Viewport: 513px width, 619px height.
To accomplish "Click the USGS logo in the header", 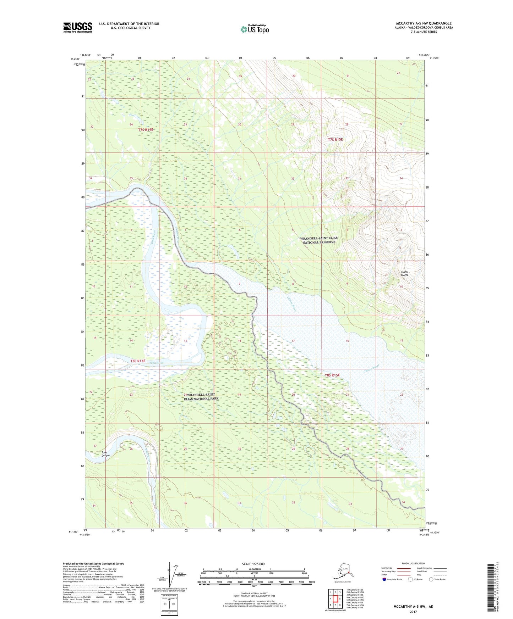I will tap(77, 27).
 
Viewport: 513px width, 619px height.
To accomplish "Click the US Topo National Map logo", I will tap(254, 29).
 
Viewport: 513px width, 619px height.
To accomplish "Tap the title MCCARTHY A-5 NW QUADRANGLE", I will tap(424, 23).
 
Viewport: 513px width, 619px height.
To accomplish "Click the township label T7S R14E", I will tap(146, 130).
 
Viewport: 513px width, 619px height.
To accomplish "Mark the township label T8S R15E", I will tap(332, 375).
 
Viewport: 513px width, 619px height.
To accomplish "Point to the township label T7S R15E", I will tap(335, 139).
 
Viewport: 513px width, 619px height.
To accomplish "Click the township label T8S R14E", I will tap(138, 361).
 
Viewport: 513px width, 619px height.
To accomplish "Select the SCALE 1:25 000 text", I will tap(253, 564).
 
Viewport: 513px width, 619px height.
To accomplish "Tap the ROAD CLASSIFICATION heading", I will tap(413, 563).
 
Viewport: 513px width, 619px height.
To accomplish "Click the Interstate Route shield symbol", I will tap(384, 579).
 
